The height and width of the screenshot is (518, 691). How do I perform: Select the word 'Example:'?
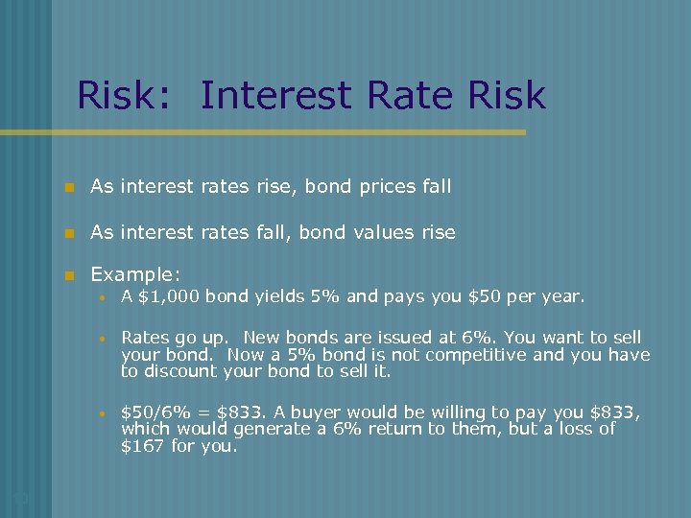coord(135,274)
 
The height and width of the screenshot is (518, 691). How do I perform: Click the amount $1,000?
coord(169,296)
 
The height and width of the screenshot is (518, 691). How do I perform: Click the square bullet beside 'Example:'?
coord(68,275)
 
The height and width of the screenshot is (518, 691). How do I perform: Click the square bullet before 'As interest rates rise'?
coord(68,187)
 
